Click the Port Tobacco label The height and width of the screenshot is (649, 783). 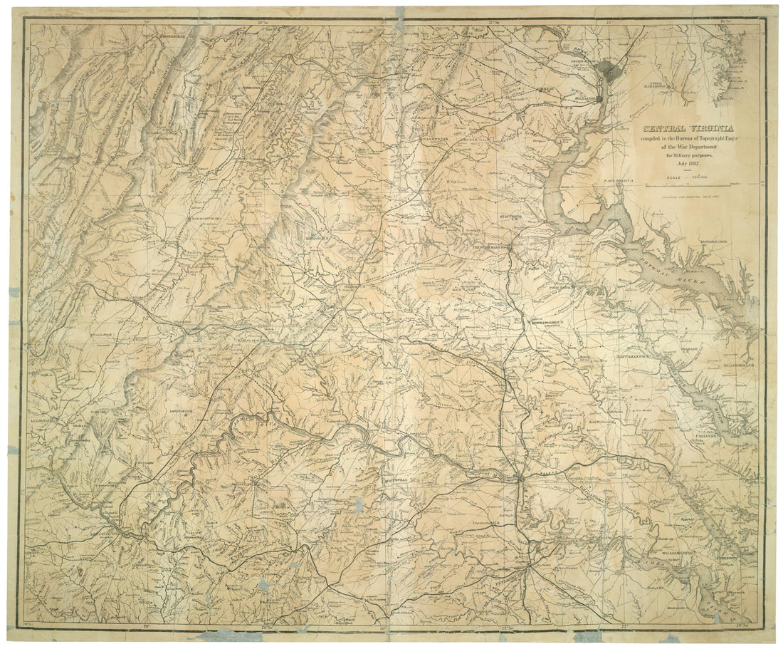pyautogui.click(x=617, y=181)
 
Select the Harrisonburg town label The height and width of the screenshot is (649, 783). pyautogui.click(x=207, y=219)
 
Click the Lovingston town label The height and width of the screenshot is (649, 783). pyautogui.click(x=182, y=412)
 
